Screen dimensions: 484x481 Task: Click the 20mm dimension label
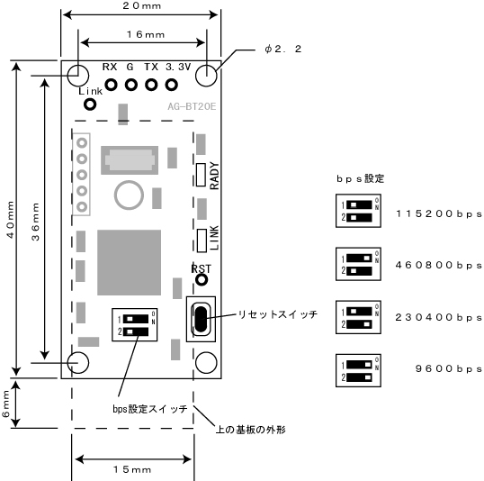pyautogui.click(x=141, y=6)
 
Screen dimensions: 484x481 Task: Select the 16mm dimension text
pyautogui.click(x=146, y=34)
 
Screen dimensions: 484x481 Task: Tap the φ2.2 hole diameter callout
pyautogui.click(x=282, y=50)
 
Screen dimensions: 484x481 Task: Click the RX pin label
pyautogui.click(x=110, y=67)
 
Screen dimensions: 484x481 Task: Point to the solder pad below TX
pyautogui.click(x=151, y=85)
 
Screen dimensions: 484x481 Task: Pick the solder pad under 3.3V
pyautogui.click(x=171, y=85)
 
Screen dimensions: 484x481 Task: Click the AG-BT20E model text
pyautogui.click(x=192, y=106)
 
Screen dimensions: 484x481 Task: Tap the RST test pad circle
pyautogui.click(x=202, y=280)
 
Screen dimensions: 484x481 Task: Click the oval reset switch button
pyautogui.click(x=201, y=320)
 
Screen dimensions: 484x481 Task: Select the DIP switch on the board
pyautogui.click(x=135, y=324)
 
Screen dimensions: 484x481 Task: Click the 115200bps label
pyautogui.click(x=439, y=213)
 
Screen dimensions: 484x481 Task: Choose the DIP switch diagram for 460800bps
pyautogui.click(x=358, y=264)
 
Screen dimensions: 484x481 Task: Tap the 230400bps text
pyautogui.click(x=439, y=317)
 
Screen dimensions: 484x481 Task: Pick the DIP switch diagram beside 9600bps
pyautogui.click(x=358, y=370)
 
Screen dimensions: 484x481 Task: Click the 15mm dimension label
pyautogui.click(x=132, y=469)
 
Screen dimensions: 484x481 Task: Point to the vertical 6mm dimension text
pyautogui.click(x=6, y=404)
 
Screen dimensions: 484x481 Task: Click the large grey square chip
pyautogui.click(x=129, y=262)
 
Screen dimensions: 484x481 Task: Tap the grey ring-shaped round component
pyautogui.click(x=129, y=195)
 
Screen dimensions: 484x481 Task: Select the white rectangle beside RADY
pyautogui.click(x=201, y=175)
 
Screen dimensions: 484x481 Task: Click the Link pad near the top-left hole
pyautogui.click(x=90, y=104)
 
